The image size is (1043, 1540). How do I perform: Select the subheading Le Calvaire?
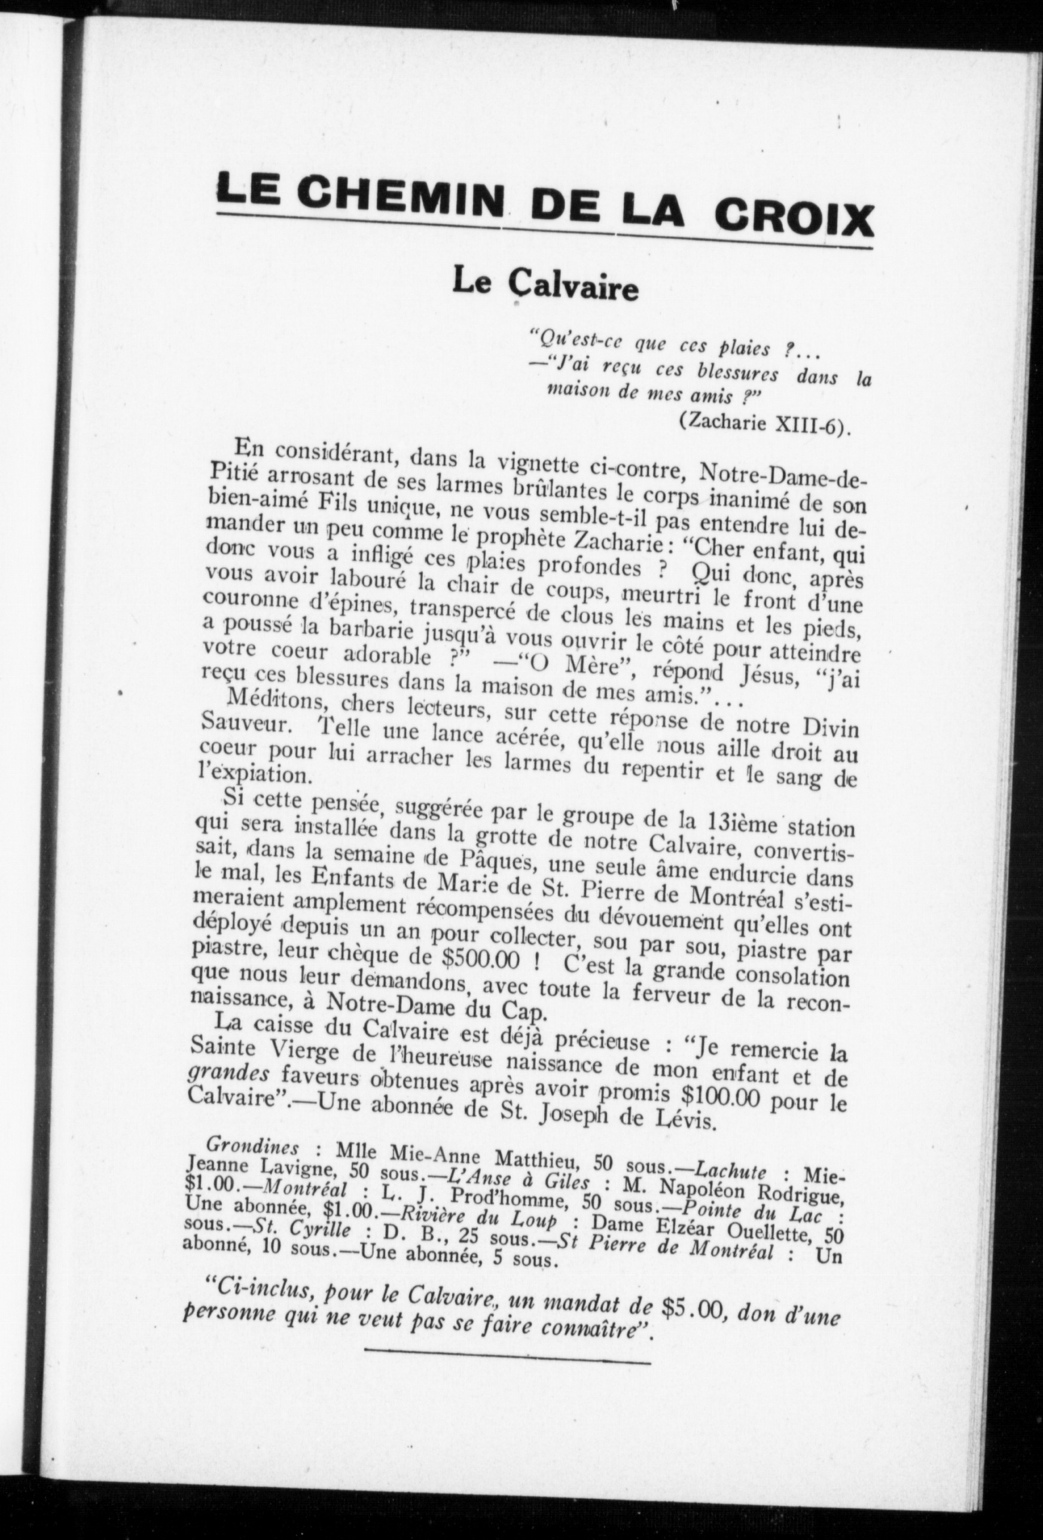coord(544,287)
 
